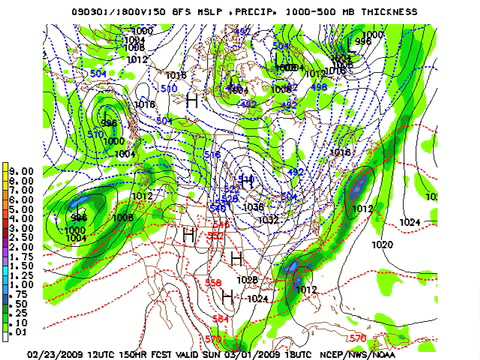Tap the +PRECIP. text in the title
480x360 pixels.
pyautogui.click(x=245, y=10)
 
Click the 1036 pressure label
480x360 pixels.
pyautogui.click(x=253, y=207)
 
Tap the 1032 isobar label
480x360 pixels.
pyautogui.click(x=268, y=219)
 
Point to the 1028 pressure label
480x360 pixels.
pyautogui.click(x=249, y=279)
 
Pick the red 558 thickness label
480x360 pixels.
pyautogui.click(x=213, y=283)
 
